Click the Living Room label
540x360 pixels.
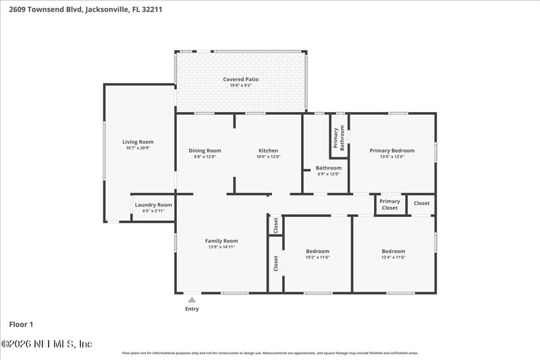pyautogui.click(x=138, y=142)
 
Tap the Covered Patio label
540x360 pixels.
pyautogui.click(x=241, y=79)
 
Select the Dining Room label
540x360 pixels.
pyautogui.click(x=204, y=151)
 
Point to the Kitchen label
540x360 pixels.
pyautogui.click(x=268, y=151)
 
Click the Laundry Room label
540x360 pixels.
pyautogui.click(x=153, y=205)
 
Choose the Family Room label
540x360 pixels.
pyautogui.click(x=221, y=241)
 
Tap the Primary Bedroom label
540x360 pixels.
pyautogui.click(x=391, y=151)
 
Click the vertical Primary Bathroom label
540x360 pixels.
pyautogui.click(x=340, y=138)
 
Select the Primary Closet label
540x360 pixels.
pyautogui.click(x=389, y=204)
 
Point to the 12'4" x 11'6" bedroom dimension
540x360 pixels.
pyautogui.click(x=393, y=257)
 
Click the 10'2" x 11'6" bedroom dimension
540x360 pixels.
pyautogui.click(x=317, y=257)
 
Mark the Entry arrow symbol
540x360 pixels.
pyautogui.click(x=192, y=299)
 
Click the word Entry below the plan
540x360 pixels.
pyautogui.click(x=192, y=309)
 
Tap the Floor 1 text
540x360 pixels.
pyautogui.click(x=21, y=324)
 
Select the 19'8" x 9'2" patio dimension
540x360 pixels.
pyautogui.click(x=241, y=85)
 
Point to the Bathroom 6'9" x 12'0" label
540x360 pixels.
pyautogui.click(x=329, y=170)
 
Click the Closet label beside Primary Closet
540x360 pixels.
pyautogui.click(x=421, y=203)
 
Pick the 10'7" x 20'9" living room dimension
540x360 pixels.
pyautogui.click(x=138, y=148)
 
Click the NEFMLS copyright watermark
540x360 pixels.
pyautogui.click(x=47, y=344)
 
